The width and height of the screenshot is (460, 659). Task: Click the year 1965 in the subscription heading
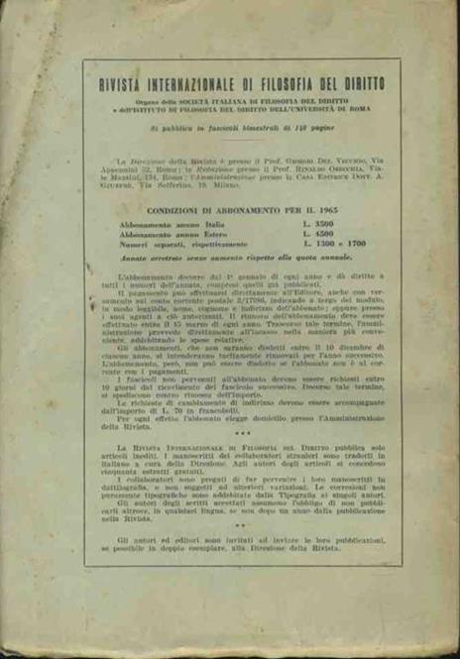(315, 211)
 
